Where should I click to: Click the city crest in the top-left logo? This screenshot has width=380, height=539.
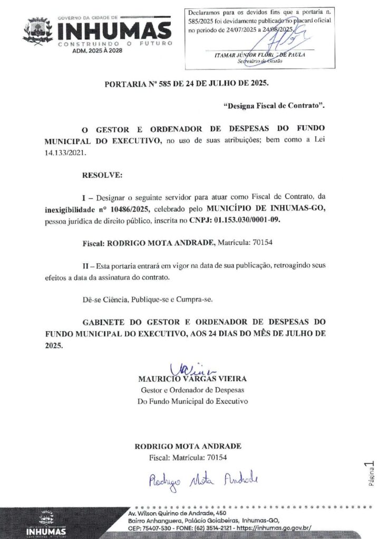(37, 31)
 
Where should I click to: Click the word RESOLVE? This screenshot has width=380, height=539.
(102, 174)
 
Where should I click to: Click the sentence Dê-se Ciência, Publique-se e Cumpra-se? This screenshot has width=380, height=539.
(148, 299)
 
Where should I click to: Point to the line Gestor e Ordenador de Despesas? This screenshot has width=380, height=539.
(192, 390)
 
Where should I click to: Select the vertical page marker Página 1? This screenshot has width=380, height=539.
(371, 474)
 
